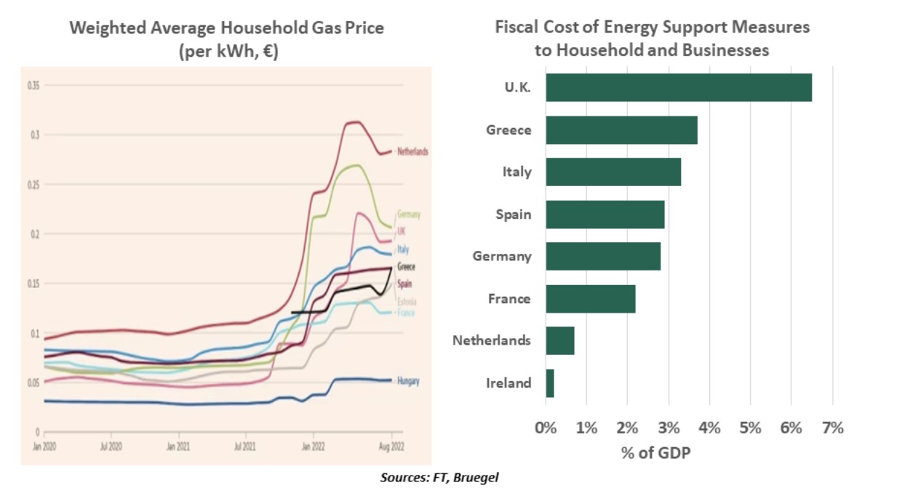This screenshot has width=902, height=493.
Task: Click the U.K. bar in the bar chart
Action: tap(678, 87)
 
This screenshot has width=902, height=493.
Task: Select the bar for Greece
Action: tap(621, 130)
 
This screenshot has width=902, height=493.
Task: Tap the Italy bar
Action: tap(612, 172)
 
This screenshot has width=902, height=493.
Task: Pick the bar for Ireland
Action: tap(550, 383)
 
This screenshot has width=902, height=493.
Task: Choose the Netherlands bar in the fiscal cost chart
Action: tap(560, 340)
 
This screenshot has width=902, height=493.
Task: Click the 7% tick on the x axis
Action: tap(832, 428)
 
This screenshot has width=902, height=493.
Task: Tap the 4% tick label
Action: tap(709, 428)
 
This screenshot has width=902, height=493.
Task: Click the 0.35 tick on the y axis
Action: tap(33, 86)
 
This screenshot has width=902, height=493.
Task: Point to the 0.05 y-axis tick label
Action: tap(33, 382)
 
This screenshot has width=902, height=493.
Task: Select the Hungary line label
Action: tap(408, 381)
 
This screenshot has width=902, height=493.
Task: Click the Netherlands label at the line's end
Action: tap(412, 152)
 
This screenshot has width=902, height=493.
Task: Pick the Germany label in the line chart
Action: tap(409, 215)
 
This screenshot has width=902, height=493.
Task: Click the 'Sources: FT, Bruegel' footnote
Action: tap(439, 478)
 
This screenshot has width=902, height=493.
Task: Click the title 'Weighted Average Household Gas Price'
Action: tap(226, 28)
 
